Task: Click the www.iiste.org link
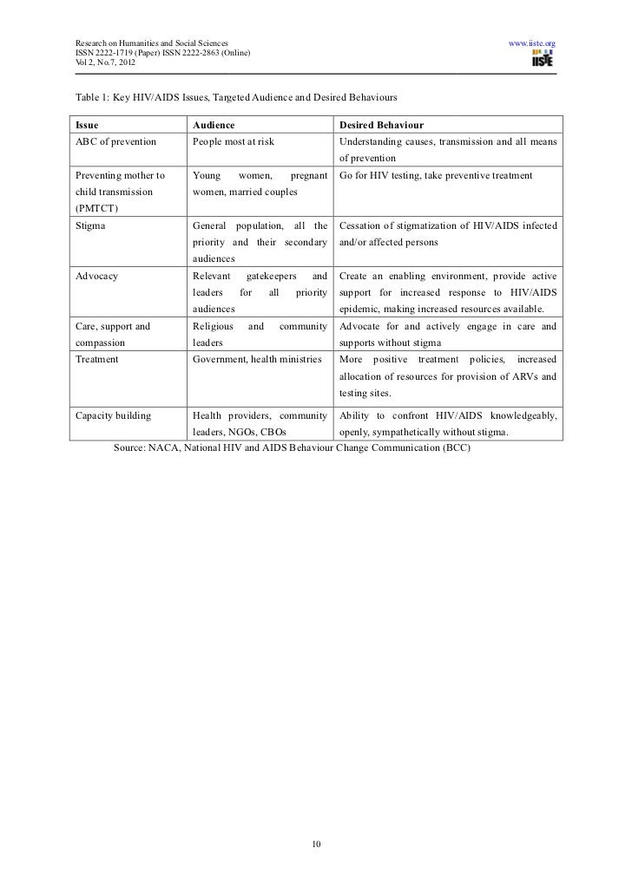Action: point(531,42)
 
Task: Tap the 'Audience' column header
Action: point(214,125)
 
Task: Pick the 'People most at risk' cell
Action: point(233,141)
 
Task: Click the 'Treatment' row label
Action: point(97,359)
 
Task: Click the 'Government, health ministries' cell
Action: point(257,359)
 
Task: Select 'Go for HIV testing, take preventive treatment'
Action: point(438,176)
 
